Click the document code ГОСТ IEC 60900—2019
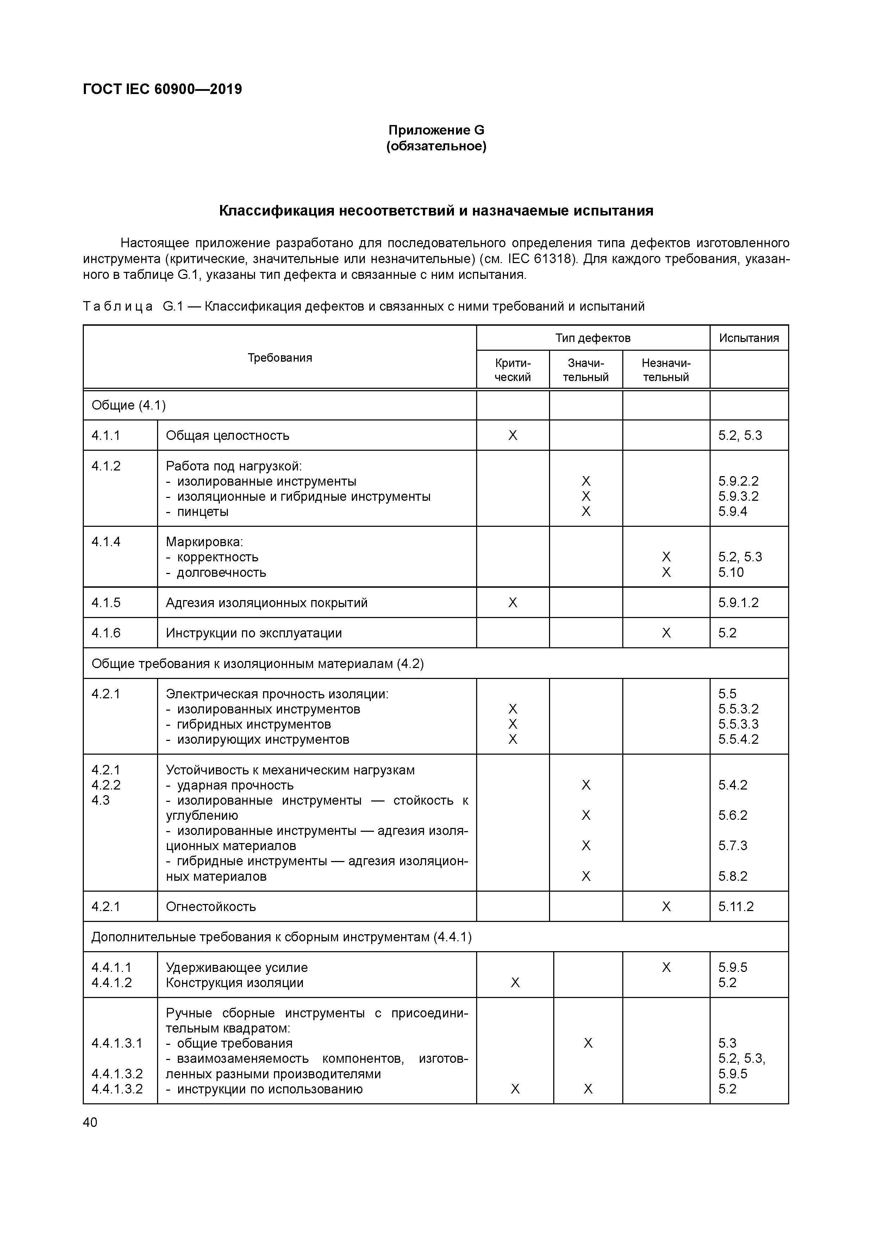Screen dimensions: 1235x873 [x=162, y=89]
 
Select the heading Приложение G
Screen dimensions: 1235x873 [x=436, y=130]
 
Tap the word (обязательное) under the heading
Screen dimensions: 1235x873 [x=436, y=146]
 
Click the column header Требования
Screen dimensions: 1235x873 [x=280, y=358]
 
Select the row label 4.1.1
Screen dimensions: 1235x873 [x=106, y=435]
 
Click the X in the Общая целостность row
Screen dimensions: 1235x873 [x=513, y=435]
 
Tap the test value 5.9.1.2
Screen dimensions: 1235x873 [x=738, y=603]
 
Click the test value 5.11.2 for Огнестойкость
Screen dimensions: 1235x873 [x=736, y=906]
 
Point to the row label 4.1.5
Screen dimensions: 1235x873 [x=106, y=603]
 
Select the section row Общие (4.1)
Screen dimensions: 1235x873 [x=129, y=405]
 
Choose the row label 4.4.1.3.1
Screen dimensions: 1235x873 [x=117, y=1043]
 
